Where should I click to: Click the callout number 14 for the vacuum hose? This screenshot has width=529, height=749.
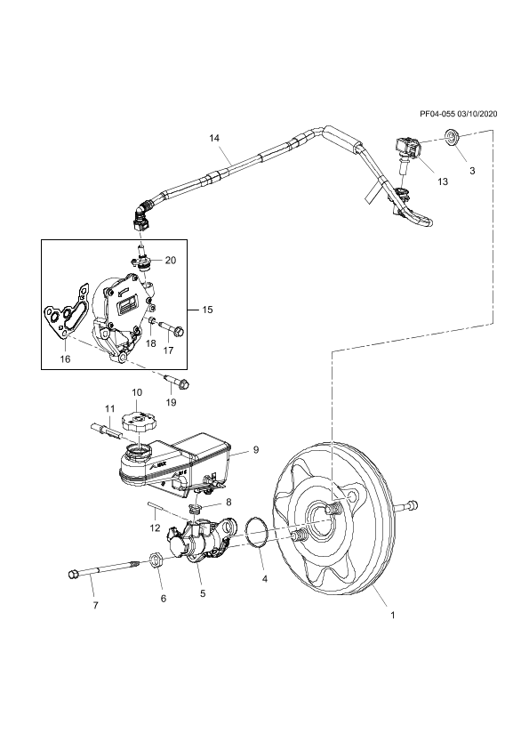click(x=214, y=138)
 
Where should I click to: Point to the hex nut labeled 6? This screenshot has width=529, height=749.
click(x=156, y=558)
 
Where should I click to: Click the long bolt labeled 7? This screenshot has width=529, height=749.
click(x=104, y=569)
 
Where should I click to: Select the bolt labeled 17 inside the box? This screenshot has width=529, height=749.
click(x=170, y=328)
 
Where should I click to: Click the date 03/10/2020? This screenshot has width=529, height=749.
click(x=477, y=114)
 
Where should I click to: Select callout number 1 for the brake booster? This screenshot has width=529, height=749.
click(x=393, y=616)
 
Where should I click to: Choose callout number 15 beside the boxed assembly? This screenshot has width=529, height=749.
click(x=207, y=310)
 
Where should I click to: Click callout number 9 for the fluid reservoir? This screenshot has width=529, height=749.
click(x=256, y=449)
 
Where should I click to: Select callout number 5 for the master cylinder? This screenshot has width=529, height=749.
click(x=203, y=593)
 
